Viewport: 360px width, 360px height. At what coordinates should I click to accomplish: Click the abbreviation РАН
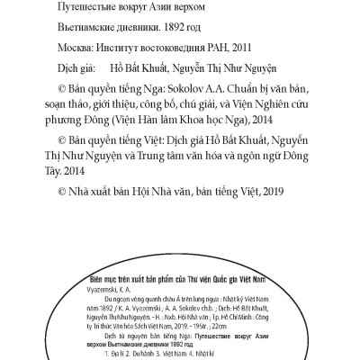[x=205, y=49]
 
